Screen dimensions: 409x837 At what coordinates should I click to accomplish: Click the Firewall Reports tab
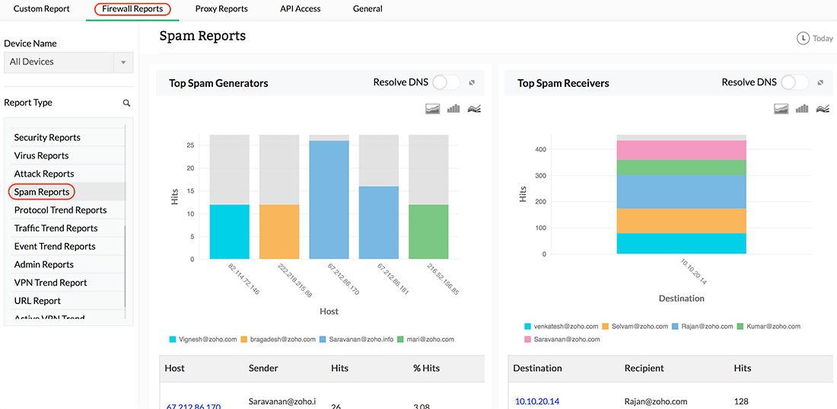click(x=132, y=9)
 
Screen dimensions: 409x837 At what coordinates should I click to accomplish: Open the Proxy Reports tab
click(x=221, y=9)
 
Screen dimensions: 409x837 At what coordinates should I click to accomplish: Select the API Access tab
click(x=300, y=9)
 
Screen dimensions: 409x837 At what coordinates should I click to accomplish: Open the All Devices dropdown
click(x=68, y=62)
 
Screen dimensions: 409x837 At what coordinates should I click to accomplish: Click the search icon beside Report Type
click(x=126, y=103)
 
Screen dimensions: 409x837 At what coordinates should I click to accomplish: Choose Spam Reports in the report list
click(x=42, y=192)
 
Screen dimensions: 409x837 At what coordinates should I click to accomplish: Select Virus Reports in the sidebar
click(x=41, y=155)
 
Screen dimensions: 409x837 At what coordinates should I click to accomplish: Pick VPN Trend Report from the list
click(x=50, y=283)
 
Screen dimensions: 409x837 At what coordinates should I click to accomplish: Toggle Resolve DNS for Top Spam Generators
click(x=446, y=82)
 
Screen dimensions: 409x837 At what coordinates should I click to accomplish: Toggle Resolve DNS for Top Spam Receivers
click(x=794, y=82)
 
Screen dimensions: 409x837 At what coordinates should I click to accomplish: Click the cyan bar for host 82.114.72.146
click(x=229, y=232)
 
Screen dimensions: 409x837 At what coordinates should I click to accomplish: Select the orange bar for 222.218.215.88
click(x=279, y=232)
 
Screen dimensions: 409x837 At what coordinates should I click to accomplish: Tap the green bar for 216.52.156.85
click(x=428, y=232)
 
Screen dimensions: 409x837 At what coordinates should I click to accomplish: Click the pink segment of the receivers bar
click(x=681, y=150)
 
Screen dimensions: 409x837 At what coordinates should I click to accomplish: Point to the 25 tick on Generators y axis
click(x=190, y=145)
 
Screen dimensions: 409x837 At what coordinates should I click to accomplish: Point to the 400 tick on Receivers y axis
click(x=539, y=149)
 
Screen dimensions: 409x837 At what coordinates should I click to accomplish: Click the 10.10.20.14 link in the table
click(x=536, y=401)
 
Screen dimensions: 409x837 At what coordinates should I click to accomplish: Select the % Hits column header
click(x=426, y=368)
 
